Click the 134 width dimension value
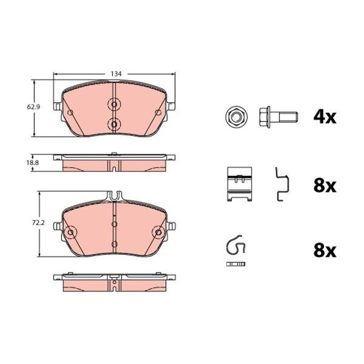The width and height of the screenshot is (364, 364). (x=116, y=74)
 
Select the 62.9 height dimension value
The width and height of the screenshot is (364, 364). (x=33, y=107)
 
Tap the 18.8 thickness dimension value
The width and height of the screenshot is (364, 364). (x=33, y=163)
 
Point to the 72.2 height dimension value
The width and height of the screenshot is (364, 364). (x=38, y=223)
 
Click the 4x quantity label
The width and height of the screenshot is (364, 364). (x=325, y=117)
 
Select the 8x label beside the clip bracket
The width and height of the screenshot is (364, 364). (x=325, y=186)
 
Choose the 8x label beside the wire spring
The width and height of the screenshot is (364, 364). (x=325, y=251)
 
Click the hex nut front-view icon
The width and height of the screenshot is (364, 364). (x=236, y=116)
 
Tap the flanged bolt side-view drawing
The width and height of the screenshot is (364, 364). (x=278, y=117)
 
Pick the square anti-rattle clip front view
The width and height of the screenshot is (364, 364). (x=240, y=184)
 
